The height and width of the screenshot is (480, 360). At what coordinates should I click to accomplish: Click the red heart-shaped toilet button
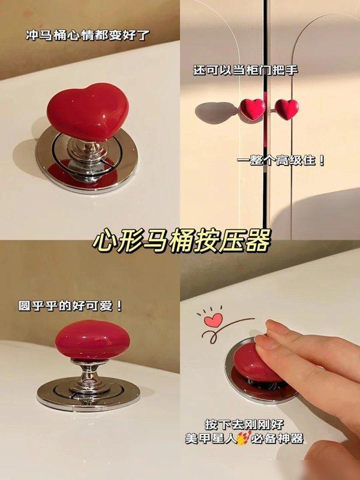(x=88, y=112)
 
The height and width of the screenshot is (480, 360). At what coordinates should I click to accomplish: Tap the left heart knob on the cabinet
(x=252, y=109)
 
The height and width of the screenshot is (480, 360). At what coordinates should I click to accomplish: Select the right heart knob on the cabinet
(x=287, y=109)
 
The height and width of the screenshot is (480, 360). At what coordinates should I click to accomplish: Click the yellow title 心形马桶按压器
(x=182, y=241)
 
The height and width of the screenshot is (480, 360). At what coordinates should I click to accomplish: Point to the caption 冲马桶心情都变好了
(x=87, y=35)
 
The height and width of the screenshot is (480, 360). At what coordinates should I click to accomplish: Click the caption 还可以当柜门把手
(x=245, y=70)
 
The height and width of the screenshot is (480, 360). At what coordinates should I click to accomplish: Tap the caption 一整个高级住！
(x=281, y=160)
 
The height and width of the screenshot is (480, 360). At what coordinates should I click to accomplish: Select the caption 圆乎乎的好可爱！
(x=70, y=305)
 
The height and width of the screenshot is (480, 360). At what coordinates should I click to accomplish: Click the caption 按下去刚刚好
(x=244, y=425)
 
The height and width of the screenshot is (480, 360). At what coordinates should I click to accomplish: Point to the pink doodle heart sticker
(x=214, y=320)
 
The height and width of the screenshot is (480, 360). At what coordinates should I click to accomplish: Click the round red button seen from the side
(x=92, y=340)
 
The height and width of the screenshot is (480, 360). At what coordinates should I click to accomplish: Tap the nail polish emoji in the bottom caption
(x=244, y=438)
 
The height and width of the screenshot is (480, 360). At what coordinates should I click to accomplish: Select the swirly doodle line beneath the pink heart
(x=228, y=329)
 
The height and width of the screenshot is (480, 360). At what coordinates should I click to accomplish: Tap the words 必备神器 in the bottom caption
(x=278, y=439)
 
